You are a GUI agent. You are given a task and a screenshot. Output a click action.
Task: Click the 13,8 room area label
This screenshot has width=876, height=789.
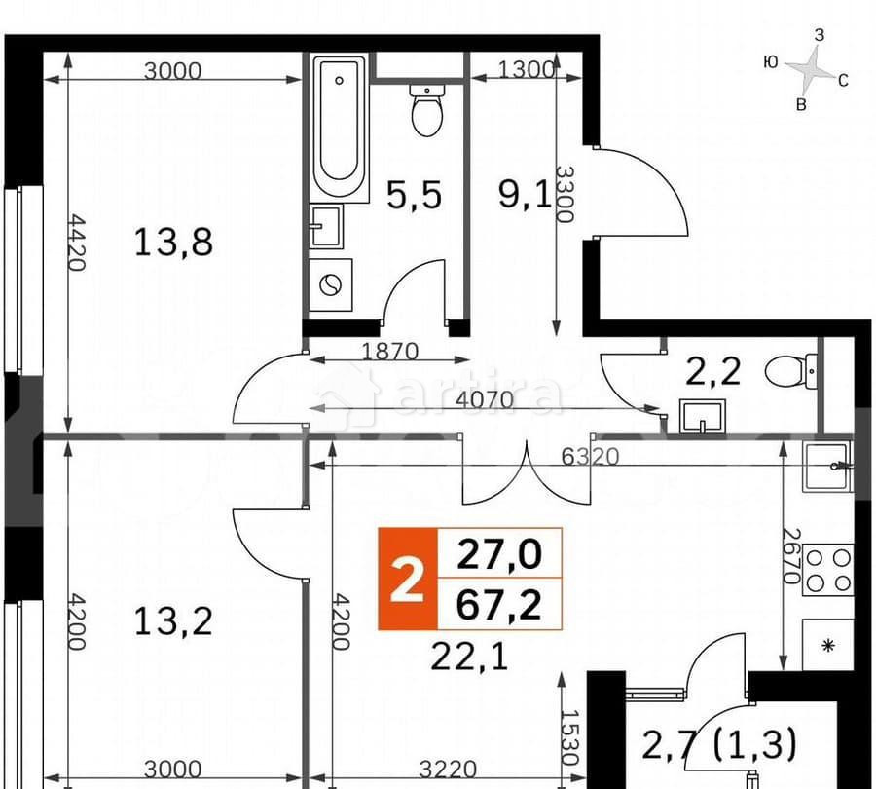pyautogui.click(x=173, y=241)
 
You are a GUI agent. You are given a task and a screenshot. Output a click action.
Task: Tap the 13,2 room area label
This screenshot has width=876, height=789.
pyautogui.click(x=173, y=620)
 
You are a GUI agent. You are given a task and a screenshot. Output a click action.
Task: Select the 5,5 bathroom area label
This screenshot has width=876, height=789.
pyautogui.click(x=414, y=195)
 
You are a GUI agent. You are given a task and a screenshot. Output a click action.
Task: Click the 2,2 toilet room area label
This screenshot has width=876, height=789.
pyautogui.click(x=715, y=370)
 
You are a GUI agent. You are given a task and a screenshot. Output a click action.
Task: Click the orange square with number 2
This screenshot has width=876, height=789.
pyautogui.click(x=407, y=579)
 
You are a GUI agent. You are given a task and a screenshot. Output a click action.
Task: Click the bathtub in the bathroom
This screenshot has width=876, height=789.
pyautogui.click(x=340, y=127)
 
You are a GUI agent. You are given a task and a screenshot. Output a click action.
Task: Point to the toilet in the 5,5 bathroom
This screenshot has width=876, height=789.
pyautogui.click(x=427, y=109)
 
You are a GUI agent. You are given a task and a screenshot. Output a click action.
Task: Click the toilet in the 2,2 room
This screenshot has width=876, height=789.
pyautogui.click(x=790, y=371)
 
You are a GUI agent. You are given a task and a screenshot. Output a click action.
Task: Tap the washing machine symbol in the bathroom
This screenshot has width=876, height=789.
pyautogui.click(x=331, y=285)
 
